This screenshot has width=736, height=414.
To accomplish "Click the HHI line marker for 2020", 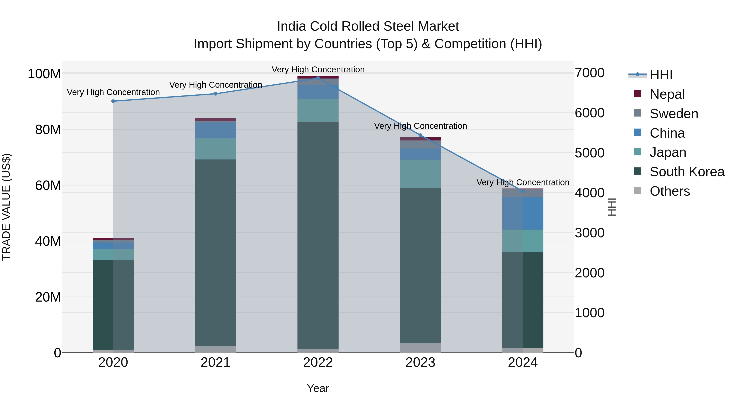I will pyautogui.click(x=113, y=101).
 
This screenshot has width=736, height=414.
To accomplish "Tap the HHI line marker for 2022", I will pyautogui.click(x=318, y=78).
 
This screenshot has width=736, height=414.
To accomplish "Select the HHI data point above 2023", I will pyautogui.click(x=420, y=135).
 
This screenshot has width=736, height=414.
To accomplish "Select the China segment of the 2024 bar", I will pyautogui.click(x=523, y=213).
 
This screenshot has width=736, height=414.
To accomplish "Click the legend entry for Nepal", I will pyautogui.click(x=667, y=94).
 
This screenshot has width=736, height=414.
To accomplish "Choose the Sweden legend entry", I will pyautogui.click(x=674, y=113).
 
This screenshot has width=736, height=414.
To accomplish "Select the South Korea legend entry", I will pyautogui.click(x=687, y=172).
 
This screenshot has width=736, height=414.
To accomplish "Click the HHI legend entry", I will pyautogui.click(x=661, y=75).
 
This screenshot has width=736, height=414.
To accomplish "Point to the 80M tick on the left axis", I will pyautogui.click(x=48, y=130).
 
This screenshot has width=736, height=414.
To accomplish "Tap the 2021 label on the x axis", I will pyautogui.click(x=215, y=362).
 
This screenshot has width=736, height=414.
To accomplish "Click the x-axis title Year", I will pyautogui.click(x=318, y=388).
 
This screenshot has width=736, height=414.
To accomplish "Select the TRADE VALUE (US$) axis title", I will pyautogui.click(x=6, y=207).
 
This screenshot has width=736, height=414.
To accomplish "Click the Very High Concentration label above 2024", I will pyautogui.click(x=523, y=182).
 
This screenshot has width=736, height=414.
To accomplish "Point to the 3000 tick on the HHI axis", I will pyautogui.click(x=589, y=233).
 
